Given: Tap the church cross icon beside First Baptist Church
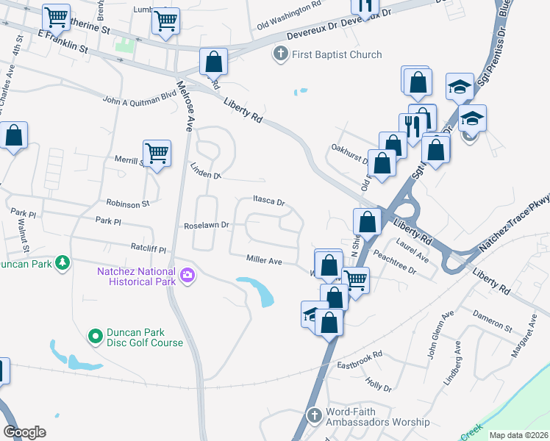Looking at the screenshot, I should pyautogui.click(x=279, y=54).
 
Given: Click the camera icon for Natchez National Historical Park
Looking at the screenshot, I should pyautogui.click(x=188, y=276).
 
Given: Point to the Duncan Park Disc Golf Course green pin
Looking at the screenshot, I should pyautogui.click(x=95, y=337).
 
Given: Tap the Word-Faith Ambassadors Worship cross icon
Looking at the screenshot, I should pyautogui.click(x=314, y=416).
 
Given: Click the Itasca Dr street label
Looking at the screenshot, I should pyautogui.click(x=268, y=200).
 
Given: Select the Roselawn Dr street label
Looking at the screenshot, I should pyautogui.click(x=207, y=226).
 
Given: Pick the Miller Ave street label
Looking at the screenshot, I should pyautogui.click(x=265, y=260).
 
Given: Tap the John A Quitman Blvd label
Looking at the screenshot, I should pyautogui.click(x=140, y=98).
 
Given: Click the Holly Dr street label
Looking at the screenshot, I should pyautogui.click(x=379, y=386).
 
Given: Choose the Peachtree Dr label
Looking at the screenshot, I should pyautogui.click(x=395, y=265).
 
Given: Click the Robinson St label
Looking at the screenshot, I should pyautogui.click(x=128, y=203).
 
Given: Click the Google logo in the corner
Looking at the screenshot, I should pyautogui.click(x=24, y=432).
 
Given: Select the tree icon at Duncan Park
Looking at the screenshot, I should pyautogui.click(x=63, y=262).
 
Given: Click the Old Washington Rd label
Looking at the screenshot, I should pyautogui.click(x=289, y=25).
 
